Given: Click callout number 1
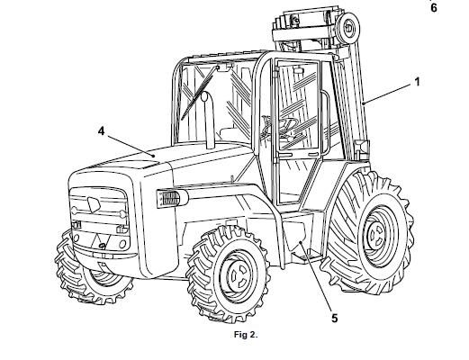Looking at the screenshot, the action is (417, 82).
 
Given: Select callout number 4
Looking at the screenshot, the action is (102, 130).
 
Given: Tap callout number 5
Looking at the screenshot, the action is (335, 318).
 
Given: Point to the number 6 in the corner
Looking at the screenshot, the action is (434, 8).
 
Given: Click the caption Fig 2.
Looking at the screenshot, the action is (246, 335).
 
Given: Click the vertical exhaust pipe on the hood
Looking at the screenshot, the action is (209, 120).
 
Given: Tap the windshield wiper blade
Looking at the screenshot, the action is (198, 93).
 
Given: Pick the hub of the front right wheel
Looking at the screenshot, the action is (238, 275).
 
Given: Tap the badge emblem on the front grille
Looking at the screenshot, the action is (94, 204).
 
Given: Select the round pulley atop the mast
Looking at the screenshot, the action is (348, 28).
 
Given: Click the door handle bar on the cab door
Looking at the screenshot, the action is (325, 123).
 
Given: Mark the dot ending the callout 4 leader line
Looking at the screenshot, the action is (154, 156).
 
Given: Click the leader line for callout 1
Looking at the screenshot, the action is (387, 94).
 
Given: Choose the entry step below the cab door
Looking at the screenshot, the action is (308, 256).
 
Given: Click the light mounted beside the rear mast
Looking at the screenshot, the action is (361, 148).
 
